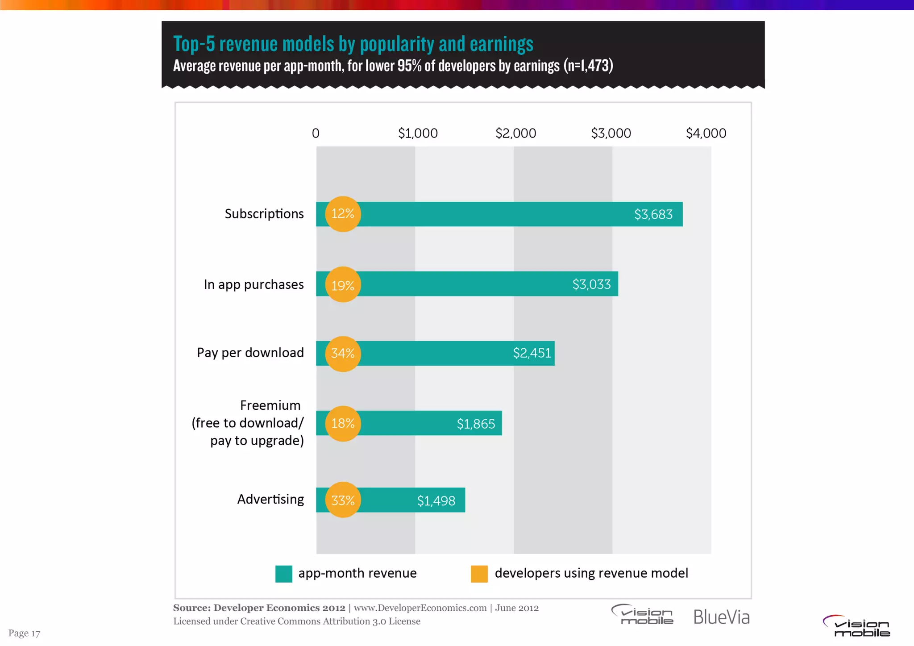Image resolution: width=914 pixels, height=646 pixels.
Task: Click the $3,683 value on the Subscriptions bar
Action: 653,214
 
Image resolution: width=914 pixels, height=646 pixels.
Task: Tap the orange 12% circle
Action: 343,214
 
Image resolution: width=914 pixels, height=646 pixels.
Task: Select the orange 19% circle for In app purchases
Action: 343,285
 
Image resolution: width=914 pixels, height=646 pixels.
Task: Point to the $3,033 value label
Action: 591,284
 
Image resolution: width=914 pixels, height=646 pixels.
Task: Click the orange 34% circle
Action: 343,354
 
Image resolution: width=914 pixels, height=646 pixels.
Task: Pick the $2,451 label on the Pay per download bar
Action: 532,353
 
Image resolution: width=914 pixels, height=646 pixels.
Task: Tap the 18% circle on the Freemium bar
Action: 343,423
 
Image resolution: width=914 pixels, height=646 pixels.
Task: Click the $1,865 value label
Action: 476,424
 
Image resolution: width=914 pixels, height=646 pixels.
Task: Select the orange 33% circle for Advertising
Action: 343,500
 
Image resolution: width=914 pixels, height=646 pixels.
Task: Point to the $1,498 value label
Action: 436,501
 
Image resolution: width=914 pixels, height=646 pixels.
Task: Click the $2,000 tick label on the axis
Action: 515,133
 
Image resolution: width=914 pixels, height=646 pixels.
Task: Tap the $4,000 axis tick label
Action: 706,133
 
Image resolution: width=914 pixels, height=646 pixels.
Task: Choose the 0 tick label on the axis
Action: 316,133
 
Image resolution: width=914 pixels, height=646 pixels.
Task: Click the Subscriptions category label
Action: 264,214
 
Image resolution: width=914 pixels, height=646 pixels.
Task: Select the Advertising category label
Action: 270,499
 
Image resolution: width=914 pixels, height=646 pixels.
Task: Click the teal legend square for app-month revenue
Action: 284,574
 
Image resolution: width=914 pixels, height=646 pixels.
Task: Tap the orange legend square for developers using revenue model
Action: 479,574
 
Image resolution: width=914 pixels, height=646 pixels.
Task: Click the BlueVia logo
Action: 721,617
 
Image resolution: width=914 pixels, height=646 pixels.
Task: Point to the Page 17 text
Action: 24,633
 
